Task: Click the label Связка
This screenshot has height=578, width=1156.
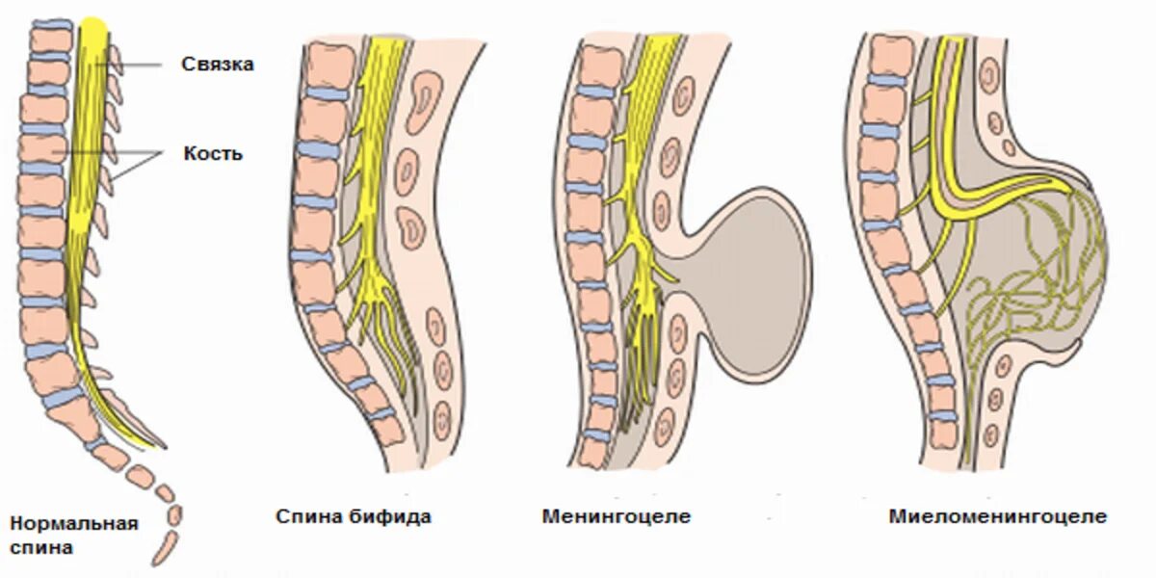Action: coord(217,64)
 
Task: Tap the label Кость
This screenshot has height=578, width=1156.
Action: coord(213,153)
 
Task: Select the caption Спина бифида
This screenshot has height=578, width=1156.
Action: coord(354,517)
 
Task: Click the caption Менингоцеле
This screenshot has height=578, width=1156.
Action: coord(617,516)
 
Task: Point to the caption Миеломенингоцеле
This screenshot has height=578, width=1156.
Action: coord(998,516)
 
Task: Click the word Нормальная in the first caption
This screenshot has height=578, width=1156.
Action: coord(74,524)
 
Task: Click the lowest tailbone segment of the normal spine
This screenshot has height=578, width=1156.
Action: coord(162,552)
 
